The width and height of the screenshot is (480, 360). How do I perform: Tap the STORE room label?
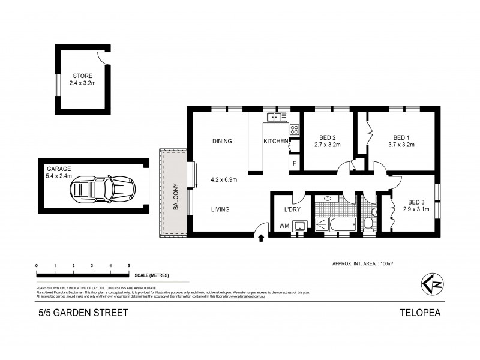83,76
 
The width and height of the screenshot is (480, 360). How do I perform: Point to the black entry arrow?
261,238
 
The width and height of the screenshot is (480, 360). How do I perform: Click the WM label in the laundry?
284,226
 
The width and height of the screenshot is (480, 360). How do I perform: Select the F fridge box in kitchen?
295,163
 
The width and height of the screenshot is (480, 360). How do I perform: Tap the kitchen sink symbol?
278,117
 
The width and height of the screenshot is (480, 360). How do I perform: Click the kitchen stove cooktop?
295,129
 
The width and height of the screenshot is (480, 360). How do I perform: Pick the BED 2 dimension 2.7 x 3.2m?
327,145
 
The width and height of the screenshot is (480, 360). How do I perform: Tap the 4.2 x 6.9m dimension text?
224,179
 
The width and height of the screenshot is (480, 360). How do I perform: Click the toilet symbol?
368,223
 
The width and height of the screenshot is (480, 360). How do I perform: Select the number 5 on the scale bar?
128,265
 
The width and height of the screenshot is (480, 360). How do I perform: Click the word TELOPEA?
420,312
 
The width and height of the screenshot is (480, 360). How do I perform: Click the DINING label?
222,142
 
